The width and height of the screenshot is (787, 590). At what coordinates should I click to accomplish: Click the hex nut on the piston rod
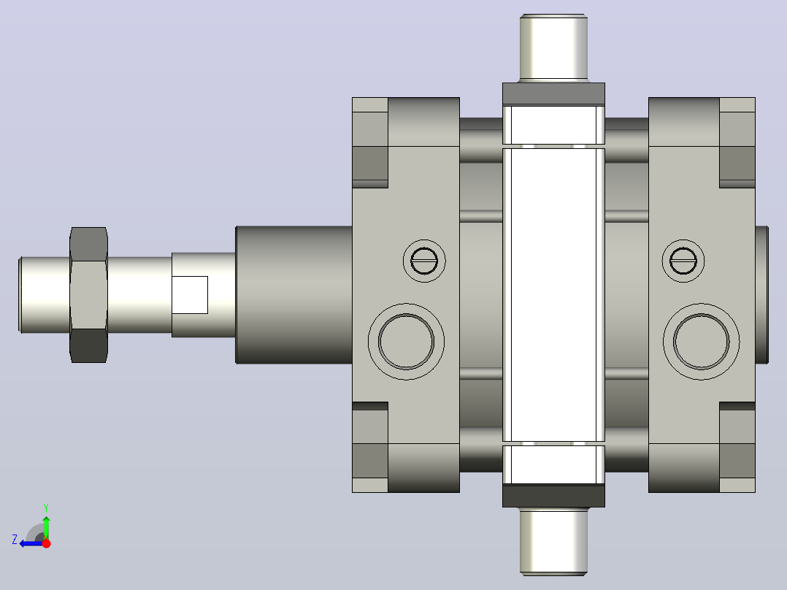tap(88, 295)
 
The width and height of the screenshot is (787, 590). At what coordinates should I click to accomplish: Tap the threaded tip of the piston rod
tap(44, 295)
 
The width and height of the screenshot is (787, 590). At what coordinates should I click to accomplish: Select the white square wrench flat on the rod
tap(190, 295)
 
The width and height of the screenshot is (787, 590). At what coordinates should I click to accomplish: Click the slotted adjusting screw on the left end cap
tap(424, 261)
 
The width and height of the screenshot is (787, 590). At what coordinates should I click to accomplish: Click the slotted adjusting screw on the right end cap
tap(683, 261)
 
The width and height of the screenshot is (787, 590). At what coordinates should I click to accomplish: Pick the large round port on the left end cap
tap(406, 342)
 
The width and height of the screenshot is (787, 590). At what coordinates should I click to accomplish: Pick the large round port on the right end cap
tap(701, 342)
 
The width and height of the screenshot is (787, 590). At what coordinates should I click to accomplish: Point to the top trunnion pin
tap(553, 47)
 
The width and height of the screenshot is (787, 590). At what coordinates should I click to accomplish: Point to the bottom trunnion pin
tap(553, 541)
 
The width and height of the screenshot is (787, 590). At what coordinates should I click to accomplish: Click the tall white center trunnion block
tap(553, 295)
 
